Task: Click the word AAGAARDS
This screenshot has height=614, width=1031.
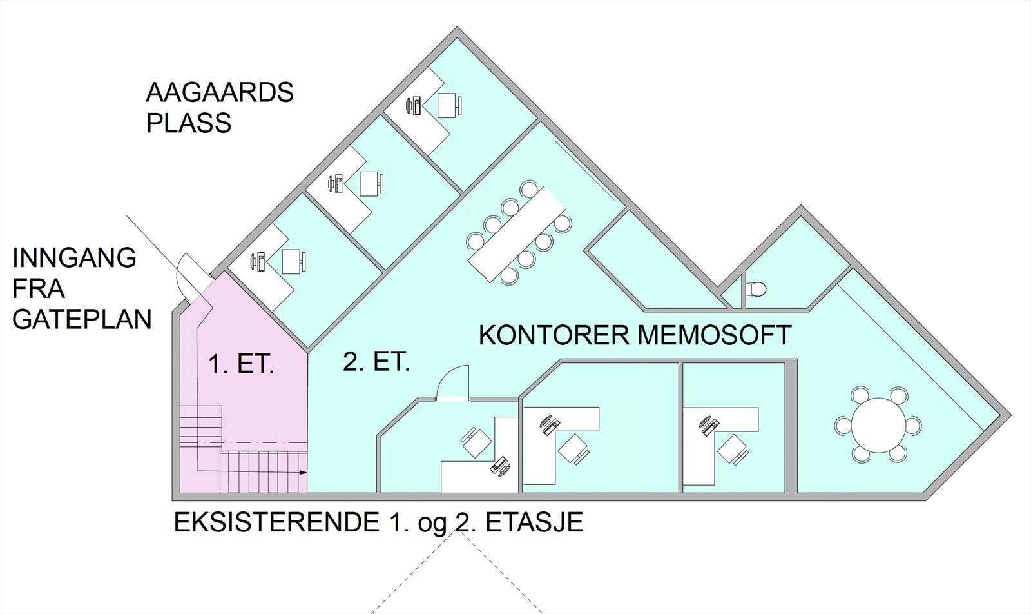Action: (220, 93)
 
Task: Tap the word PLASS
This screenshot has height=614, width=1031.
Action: (188, 123)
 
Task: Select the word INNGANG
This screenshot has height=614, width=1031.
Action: (75, 258)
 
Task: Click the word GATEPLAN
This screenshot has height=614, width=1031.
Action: (82, 319)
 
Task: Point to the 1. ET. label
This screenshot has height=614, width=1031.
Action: (242, 366)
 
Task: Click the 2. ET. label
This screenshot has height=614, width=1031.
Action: (376, 363)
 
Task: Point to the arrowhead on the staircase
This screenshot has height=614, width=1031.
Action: (303, 473)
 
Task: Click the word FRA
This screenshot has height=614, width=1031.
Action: (39, 289)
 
